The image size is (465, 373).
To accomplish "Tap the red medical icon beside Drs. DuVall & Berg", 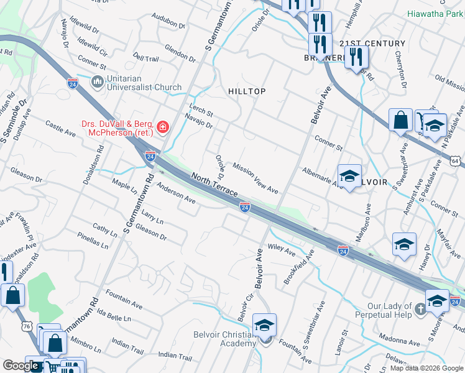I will (163, 127).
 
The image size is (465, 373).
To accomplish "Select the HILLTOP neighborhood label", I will (247, 91).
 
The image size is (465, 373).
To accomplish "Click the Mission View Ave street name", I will (255, 178).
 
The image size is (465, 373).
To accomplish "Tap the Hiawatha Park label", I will (435, 13).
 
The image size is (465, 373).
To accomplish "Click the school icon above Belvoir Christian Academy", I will (264, 325).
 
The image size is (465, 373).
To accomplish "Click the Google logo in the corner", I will (21, 366).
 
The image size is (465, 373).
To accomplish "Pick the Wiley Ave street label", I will (281, 249).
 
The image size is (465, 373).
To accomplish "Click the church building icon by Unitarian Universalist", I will (97, 82).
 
